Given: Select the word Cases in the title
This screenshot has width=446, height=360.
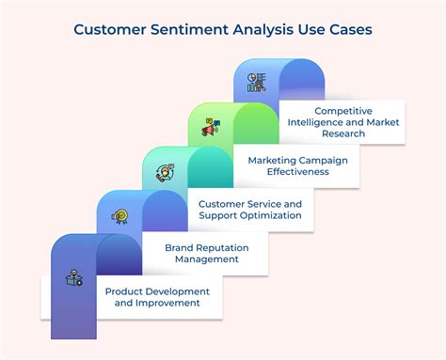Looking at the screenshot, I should point(348,29).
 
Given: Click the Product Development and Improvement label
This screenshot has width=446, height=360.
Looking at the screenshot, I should point(158,297).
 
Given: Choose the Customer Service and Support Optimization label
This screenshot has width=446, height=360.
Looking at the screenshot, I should point(250,209).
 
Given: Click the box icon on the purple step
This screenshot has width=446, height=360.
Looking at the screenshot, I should point(72,277).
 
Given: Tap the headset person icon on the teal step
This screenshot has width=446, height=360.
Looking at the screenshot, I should point(165,172).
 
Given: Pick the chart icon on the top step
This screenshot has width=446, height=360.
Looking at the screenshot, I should point(256,82).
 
